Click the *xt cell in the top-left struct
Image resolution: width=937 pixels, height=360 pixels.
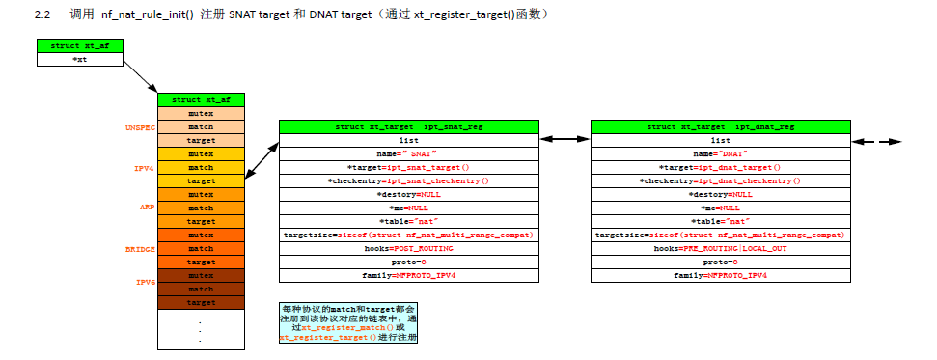tap(79, 59)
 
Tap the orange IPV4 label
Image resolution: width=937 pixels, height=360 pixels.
tap(144, 167)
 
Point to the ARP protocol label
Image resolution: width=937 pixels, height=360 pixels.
tap(147, 208)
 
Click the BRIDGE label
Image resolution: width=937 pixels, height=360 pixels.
tap(141, 248)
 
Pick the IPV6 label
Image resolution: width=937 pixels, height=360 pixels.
tap(144, 282)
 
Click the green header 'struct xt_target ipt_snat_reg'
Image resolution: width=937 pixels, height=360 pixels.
tap(408, 126)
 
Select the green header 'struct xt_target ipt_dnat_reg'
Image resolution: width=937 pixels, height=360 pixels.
tap(720, 126)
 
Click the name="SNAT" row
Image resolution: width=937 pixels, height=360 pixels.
tap(408, 153)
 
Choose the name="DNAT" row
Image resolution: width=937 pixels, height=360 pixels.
tap(720, 153)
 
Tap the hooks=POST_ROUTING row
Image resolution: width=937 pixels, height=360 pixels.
tap(408, 248)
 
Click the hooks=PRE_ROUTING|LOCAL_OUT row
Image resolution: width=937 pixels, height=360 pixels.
tap(720, 248)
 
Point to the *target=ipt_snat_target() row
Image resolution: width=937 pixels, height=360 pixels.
tap(408, 167)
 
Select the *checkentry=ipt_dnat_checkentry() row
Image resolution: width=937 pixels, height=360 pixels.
tap(720, 180)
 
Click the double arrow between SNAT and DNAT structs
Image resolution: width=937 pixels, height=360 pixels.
tap(565, 140)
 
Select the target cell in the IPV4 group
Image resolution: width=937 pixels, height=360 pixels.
tap(201, 180)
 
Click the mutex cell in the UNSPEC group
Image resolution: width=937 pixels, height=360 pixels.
tap(201, 113)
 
